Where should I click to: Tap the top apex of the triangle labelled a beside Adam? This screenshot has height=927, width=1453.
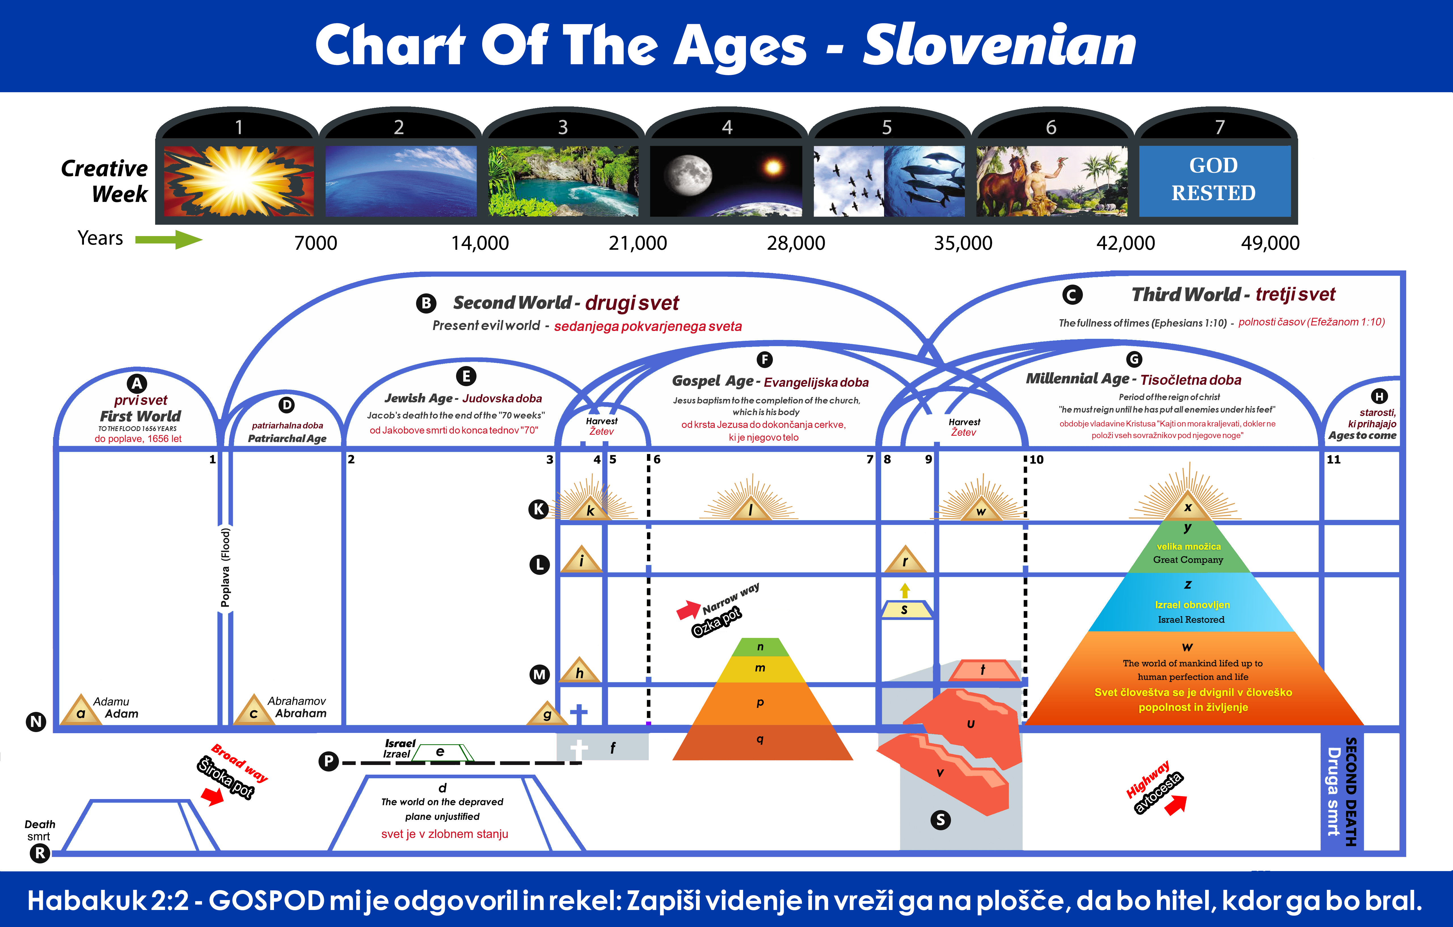[81, 694]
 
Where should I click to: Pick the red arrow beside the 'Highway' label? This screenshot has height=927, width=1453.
[1175, 804]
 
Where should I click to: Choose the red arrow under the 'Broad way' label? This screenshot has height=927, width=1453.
[212, 797]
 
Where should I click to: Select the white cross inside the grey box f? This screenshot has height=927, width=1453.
[579, 749]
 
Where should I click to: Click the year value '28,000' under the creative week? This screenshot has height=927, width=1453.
[796, 243]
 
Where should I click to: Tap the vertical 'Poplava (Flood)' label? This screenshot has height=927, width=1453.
[225, 567]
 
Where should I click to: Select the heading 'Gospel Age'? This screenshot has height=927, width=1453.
[713, 381]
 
